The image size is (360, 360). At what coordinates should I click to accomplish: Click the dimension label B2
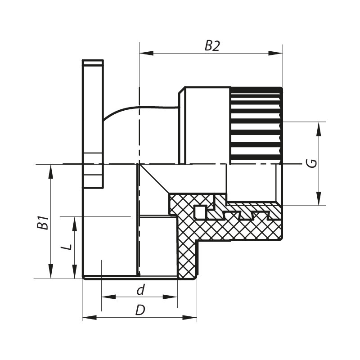click(x=212, y=46)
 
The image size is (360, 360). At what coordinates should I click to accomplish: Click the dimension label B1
click(x=43, y=223)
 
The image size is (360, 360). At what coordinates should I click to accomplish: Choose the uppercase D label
click(x=140, y=310)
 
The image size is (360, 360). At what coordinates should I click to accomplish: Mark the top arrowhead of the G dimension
click(x=319, y=127)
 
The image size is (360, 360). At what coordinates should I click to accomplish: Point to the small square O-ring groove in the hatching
click(x=200, y=211)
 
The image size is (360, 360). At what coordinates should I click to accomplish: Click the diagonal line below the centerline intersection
click(x=155, y=180)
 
